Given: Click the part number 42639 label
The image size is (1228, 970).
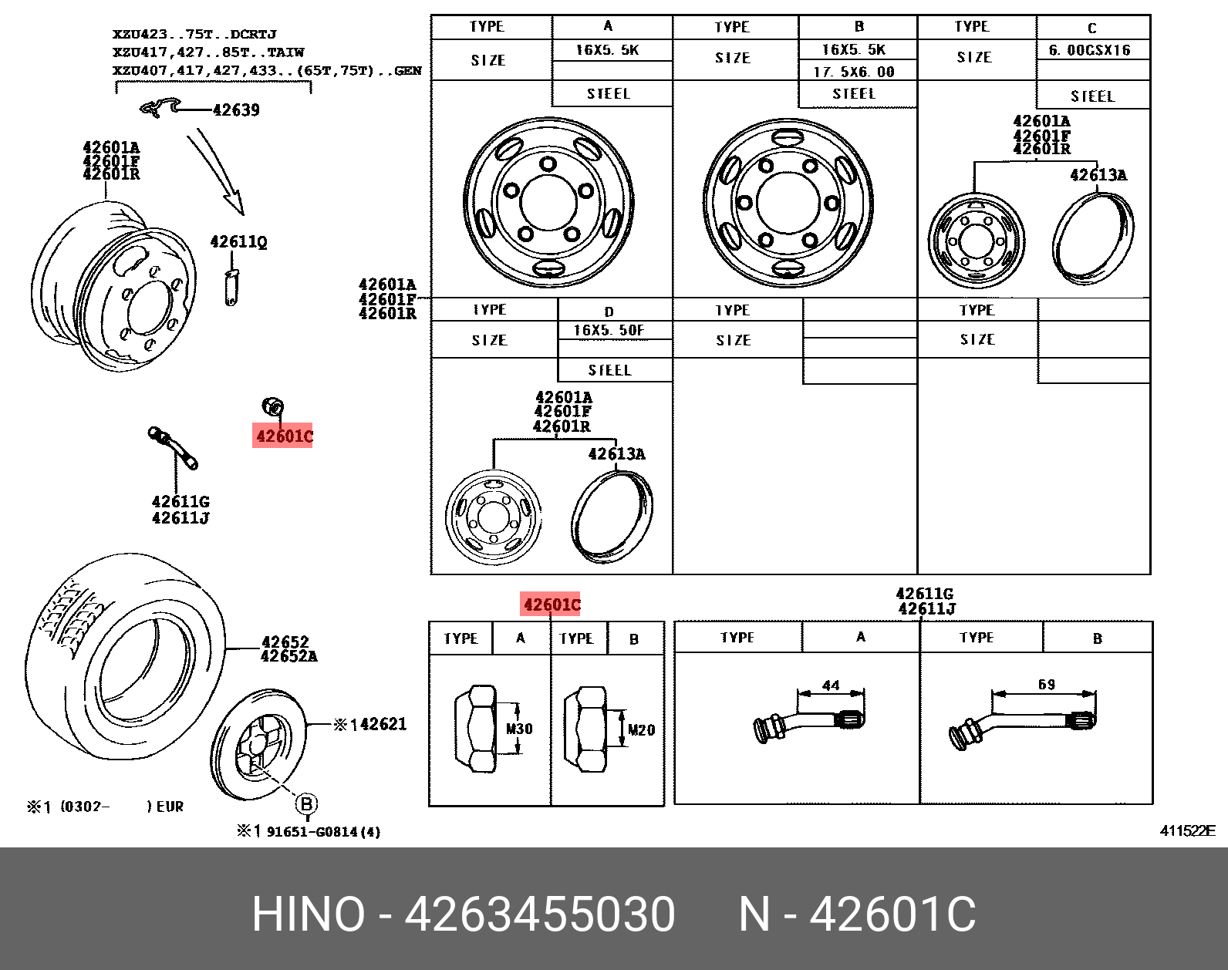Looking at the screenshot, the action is click(236, 109).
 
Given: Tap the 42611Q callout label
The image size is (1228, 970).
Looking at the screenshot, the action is click(238, 242).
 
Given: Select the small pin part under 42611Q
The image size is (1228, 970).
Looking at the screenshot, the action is click(231, 288).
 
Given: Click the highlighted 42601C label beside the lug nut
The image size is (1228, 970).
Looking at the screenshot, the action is click(282, 436).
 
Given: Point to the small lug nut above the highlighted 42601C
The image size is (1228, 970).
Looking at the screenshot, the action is click(273, 406).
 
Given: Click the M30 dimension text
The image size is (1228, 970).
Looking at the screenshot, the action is click(518, 729).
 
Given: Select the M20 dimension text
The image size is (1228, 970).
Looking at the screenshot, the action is click(641, 729).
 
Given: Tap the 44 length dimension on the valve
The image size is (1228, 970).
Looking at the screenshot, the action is click(830, 685).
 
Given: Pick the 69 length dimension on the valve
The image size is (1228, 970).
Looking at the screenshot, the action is click(1046, 684).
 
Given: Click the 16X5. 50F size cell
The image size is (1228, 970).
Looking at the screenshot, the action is click(609, 330).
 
